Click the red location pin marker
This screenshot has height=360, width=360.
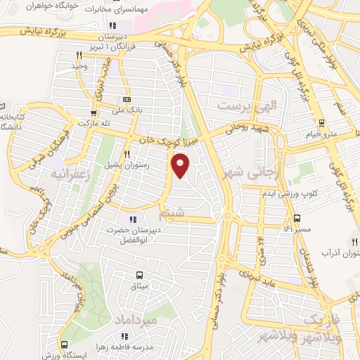coord(181,165)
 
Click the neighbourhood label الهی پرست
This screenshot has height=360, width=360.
coord(247,106)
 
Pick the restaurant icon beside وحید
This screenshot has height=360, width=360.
coord(79,54)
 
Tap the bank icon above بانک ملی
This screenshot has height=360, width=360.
coord(127,99)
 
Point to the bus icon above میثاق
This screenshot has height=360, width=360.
coord(139,275)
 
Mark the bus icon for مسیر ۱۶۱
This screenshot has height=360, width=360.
coord(297,217)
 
